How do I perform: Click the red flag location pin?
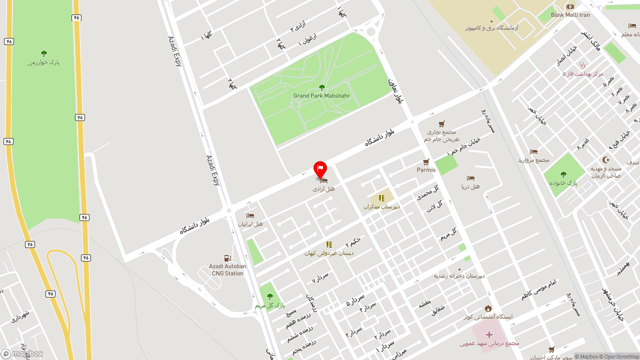tap(320, 169)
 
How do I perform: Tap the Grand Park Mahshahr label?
tap(321, 95)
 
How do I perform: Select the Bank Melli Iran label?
tap(570, 15)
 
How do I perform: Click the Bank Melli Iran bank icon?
tap(570, 6)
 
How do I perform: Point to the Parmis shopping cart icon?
tap(426, 162)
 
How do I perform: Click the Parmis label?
tap(426, 170)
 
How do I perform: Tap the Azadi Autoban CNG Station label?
tap(227, 270)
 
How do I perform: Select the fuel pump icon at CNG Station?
tap(227, 258)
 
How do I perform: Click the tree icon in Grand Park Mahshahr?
tap(321, 87)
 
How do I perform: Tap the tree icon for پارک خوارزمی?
tap(44, 53)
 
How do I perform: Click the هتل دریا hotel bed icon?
tap(470, 178)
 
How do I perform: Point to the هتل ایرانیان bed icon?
tap(250, 215)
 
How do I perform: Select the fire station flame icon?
tap(488, 308)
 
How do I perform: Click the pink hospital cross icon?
tap(489, 334)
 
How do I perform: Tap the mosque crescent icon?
tap(606, 159)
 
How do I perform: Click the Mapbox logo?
tap(22, 353)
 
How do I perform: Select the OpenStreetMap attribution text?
tap(621, 356)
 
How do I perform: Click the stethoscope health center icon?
tap(582, 65)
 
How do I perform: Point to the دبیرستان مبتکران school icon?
tap(381, 198)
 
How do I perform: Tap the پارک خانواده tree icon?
tap(563, 174)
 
